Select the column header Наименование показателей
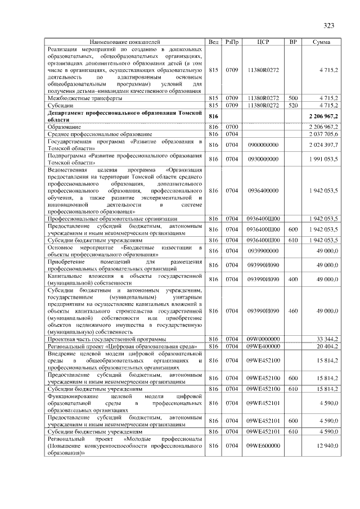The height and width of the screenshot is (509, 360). tap(125, 42)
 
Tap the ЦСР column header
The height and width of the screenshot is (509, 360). tap(263, 42)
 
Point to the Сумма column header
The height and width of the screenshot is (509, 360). tap(321, 42)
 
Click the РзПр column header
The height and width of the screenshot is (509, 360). tap(232, 42)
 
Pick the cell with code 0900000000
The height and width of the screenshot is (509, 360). tap(263, 145)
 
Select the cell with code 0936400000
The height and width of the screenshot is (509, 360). tap(263, 191)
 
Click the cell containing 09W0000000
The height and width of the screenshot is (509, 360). tap(263, 339)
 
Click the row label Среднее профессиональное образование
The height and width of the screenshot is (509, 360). tap(100, 134)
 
